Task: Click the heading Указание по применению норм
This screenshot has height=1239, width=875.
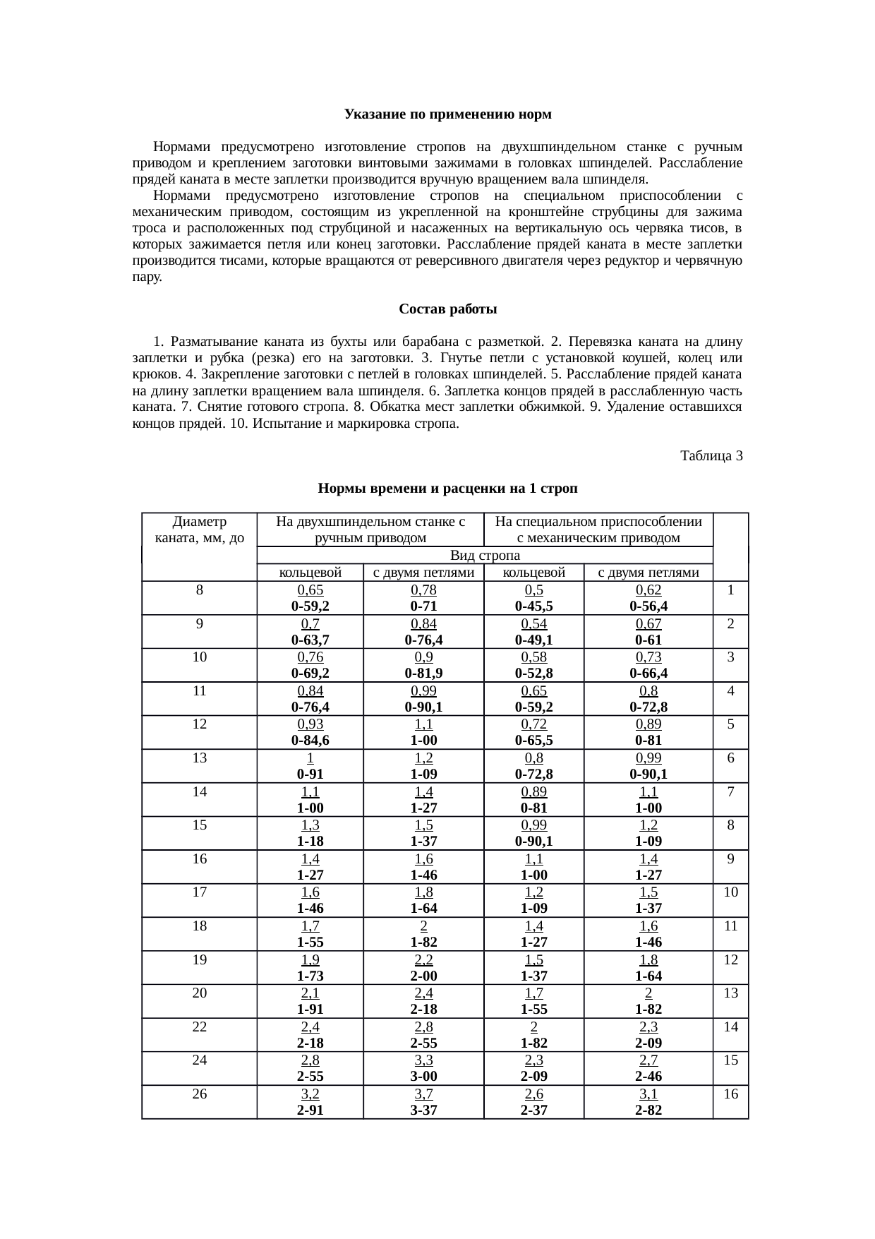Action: click(x=447, y=114)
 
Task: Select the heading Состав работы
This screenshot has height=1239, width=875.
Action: click(x=447, y=309)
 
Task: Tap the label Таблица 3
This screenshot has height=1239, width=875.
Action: click(x=711, y=456)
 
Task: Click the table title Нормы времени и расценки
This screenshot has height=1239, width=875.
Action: click(x=447, y=489)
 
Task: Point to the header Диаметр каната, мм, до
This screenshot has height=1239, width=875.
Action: click(x=199, y=530)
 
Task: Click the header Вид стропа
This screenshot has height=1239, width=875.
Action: click(x=485, y=556)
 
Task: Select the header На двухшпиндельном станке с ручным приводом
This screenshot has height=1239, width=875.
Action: click(x=370, y=530)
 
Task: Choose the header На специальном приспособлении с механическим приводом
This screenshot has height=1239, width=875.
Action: click(x=598, y=530)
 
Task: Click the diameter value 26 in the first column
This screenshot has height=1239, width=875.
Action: click(x=200, y=1094)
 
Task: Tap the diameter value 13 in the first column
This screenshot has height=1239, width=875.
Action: click(x=200, y=758)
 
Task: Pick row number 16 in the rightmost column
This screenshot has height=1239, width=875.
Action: click(x=730, y=1094)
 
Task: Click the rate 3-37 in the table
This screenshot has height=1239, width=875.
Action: click(x=423, y=1111)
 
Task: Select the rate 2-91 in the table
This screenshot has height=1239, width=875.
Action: click(x=310, y=1111)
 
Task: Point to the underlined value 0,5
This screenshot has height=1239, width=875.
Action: click(x=533, y=590)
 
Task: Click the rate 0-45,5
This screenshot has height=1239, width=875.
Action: click(x=533, y=606)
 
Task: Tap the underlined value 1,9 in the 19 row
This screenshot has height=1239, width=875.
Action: click(x=310, y=960)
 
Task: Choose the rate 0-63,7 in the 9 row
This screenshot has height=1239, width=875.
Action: click(x=310, y=640)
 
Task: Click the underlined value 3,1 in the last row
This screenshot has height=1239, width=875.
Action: click(x=648, y=1094)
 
